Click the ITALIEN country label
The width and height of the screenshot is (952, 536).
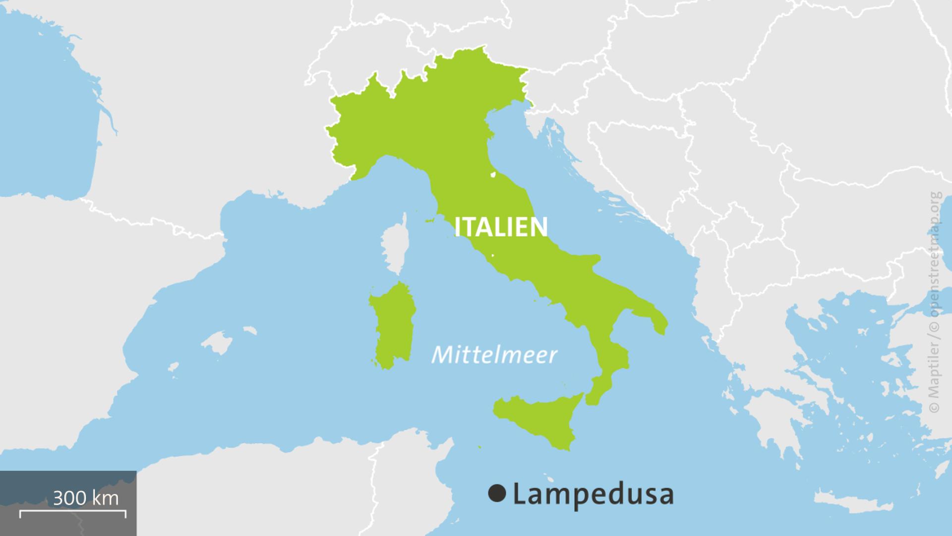(501, 227)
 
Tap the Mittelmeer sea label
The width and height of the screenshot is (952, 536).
(494, 355)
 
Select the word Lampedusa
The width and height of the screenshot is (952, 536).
(593, 494)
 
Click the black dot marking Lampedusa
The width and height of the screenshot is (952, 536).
(497, 493)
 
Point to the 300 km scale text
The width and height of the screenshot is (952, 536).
(85, 498)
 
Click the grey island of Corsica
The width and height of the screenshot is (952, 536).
(394, 246)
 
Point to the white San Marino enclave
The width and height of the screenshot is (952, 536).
(493, 174)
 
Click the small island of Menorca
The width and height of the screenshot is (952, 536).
(249, 330)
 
